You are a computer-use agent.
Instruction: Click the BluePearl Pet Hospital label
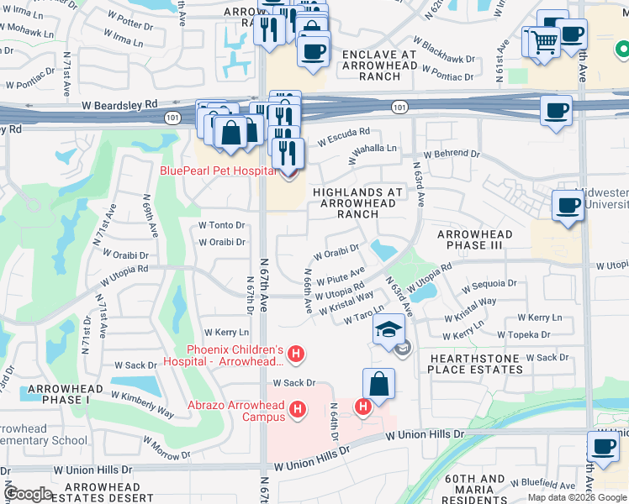click(x=218, y=171)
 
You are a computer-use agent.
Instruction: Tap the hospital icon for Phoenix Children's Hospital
click(x=295, y=355)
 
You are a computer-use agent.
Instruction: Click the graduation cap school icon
click(x=388, y=329)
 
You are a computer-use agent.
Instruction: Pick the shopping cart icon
click(x=544, y=39)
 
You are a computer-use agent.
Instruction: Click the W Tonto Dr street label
click(x=221, y=225)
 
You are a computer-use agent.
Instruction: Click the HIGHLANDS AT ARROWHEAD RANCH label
click(x=357, y=202)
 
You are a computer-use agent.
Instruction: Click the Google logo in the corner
click(x=28, y=494)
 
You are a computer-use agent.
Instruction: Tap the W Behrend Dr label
click(x=451, y=155)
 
